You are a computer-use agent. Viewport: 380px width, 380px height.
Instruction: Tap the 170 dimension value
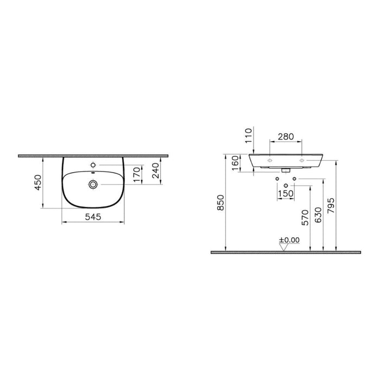tap(138, 174)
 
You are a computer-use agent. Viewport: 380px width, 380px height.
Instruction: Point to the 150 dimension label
tap(286, 193)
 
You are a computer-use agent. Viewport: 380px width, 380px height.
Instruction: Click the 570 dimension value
tap(305, 216)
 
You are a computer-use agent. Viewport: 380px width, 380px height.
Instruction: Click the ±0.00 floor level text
tap(289, 239)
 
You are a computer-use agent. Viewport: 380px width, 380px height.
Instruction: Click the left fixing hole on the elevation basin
tap(270, 161)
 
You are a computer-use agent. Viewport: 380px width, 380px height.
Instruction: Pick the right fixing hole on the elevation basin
tap(302, 161)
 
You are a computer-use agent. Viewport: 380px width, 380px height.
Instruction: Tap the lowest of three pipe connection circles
tap(286, 186)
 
